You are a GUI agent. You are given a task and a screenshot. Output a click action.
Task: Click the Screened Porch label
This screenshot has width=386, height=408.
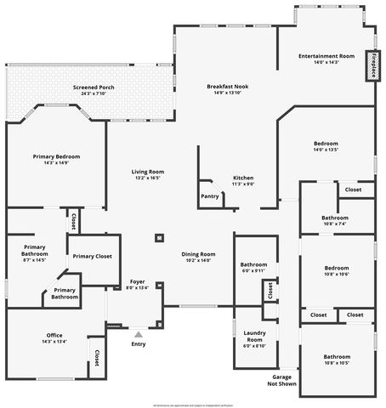tap(94, 88)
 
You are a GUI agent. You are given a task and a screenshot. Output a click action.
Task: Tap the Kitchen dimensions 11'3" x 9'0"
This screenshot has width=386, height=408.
tap(244, 184)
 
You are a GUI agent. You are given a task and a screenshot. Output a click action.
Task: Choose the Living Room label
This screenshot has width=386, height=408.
tap(148, 173)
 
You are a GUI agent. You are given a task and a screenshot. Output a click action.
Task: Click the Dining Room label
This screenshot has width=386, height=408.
tap(197, 254)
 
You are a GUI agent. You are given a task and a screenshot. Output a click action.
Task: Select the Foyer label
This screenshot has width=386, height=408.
tap(137, 281)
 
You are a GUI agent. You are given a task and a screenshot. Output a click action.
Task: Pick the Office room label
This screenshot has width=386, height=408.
tap(54, 336)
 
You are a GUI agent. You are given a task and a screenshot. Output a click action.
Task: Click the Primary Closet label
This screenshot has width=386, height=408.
tap(92, 256)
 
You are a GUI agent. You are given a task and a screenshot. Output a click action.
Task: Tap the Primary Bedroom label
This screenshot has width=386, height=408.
tap(56, 157)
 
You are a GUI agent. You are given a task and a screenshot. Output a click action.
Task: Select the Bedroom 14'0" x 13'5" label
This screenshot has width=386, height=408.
tap(326, 144)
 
